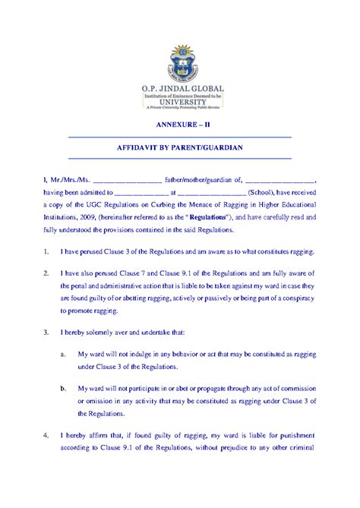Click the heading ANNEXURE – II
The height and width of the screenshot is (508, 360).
point(180,127)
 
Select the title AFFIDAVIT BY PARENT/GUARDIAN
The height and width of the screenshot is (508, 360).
point(180,147)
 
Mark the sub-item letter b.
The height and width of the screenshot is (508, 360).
point(62,389)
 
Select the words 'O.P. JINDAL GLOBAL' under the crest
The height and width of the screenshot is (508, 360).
point(180,88)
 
